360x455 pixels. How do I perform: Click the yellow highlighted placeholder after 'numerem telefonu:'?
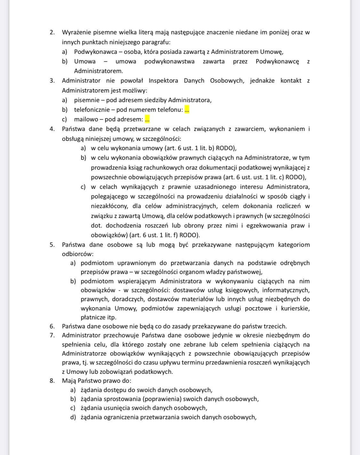click(x=187, y=110)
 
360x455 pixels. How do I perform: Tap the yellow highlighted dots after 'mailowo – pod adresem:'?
click(x=147, y=119)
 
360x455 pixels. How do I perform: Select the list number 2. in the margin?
click(x=52, y=32)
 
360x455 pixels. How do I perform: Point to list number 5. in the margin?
click(x=52, y=245)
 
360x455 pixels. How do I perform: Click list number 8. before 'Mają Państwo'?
click(x=52, y=381)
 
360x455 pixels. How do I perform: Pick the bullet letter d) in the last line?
click(x=73, y=417)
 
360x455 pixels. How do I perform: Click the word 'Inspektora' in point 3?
click(x=163, y=81)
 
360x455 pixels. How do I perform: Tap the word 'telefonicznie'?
click(x=92, y=110)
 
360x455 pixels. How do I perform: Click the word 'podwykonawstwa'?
click(x=169, y=61)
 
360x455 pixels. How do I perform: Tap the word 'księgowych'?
click(x=243, y=290)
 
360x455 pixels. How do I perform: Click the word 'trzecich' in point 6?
click(x=276, y=326)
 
